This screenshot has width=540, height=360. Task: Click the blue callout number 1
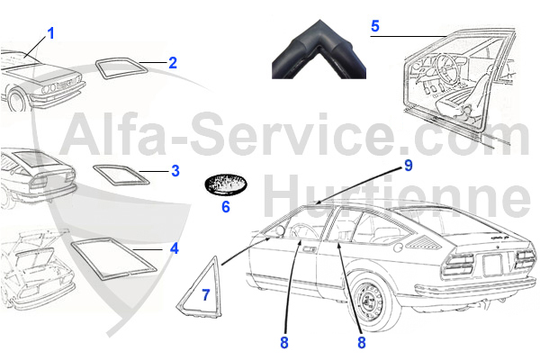pos(51,33)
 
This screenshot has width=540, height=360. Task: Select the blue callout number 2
pos(173,63)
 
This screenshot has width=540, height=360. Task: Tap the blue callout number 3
pos(175,169)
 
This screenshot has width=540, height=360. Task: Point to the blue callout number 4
pos(174,247)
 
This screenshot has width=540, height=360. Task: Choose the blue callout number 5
pos(375,26)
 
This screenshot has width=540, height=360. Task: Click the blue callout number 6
pos(226,207)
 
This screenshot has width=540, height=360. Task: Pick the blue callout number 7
pos(205,293)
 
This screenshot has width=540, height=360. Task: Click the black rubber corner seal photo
pos(319,54)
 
